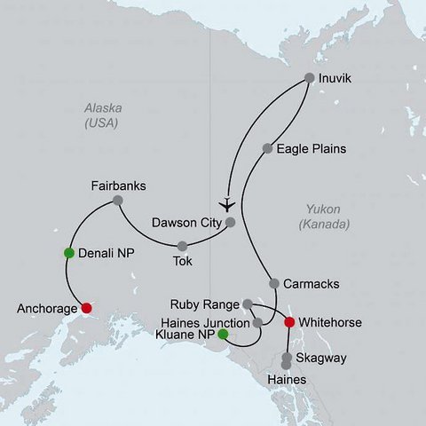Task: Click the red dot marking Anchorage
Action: [86, 308]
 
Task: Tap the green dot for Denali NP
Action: [68, 253]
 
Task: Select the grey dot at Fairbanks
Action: [117, 202]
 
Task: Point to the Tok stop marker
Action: [182, 246]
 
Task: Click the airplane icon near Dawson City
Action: [228, 200]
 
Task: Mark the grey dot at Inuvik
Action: [310, 77]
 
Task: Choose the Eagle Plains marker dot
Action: [267, 147]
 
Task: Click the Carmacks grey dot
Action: [274, 284]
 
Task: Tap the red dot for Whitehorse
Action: [288, 322]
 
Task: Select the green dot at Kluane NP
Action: [223, 335]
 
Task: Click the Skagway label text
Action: [322, 358]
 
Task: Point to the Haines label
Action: [287, 379]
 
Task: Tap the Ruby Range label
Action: [209, 304]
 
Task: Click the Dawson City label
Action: [185, 223]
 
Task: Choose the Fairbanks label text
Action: [118, 186]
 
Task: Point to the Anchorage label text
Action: [45, 310]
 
